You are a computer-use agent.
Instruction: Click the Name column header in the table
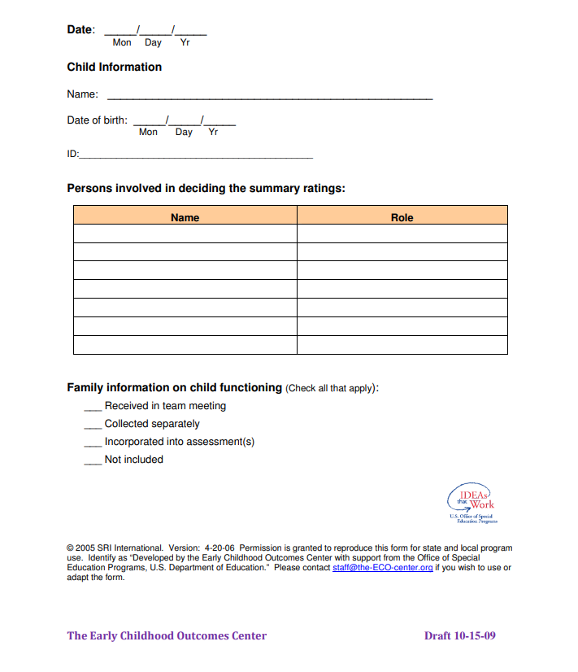coord(185,217)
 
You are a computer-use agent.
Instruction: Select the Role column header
coord(402,217)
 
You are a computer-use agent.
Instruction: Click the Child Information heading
coord(114,67)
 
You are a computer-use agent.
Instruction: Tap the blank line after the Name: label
coord(269,96)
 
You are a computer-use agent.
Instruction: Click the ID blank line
coord(195,155)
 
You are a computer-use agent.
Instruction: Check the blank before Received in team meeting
coord(93,407)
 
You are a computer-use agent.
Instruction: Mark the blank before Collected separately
coord(93,425)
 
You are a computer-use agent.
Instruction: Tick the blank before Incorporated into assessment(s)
coord(93,443)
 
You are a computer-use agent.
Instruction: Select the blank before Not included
coord(93,460)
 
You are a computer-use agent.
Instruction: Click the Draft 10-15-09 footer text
coord(459,635)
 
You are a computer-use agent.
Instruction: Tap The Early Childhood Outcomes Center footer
coord(167,635)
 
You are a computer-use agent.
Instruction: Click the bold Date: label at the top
coord(80,29)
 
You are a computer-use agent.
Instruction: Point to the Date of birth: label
coord(97,120)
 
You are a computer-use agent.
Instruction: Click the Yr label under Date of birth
coord(213,132)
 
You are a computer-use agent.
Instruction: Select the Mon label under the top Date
coord(122,42)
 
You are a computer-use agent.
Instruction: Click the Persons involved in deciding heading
coord(206,188)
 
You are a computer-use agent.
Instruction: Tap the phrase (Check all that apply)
coord(331,388)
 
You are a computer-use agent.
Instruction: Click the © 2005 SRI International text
coord(115,548)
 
